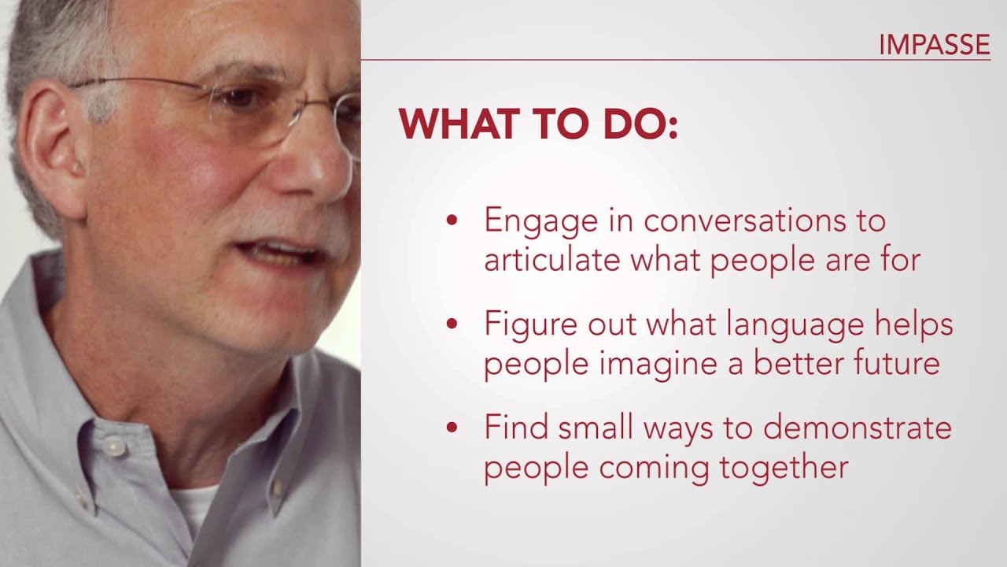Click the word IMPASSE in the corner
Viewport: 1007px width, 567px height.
[934, 46]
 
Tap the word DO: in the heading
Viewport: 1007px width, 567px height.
[642, 124]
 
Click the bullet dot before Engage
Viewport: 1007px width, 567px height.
[452, 221]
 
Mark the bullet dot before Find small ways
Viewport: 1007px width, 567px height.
[452, 428]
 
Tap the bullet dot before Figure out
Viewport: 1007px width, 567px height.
[452, 324]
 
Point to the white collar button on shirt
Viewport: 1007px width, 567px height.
[115, 447]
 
